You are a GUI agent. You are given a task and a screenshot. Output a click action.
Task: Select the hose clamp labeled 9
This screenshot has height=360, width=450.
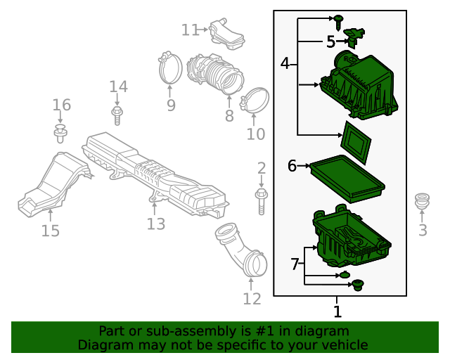(169, 67)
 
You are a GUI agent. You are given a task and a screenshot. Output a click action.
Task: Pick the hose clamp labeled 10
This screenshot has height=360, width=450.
(257, 101)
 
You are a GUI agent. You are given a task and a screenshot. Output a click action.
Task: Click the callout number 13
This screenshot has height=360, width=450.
(155, 224)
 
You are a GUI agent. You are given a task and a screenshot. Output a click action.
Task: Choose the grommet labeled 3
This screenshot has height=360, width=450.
(423, 200)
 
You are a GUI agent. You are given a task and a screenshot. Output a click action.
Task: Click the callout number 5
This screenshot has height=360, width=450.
(330, 42)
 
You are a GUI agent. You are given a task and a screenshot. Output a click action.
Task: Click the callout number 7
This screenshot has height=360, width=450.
(295, 264)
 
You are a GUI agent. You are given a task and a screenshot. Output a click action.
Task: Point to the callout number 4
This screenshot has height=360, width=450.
(285, 64)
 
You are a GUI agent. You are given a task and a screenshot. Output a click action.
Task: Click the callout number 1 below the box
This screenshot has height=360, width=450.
(337, 311)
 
